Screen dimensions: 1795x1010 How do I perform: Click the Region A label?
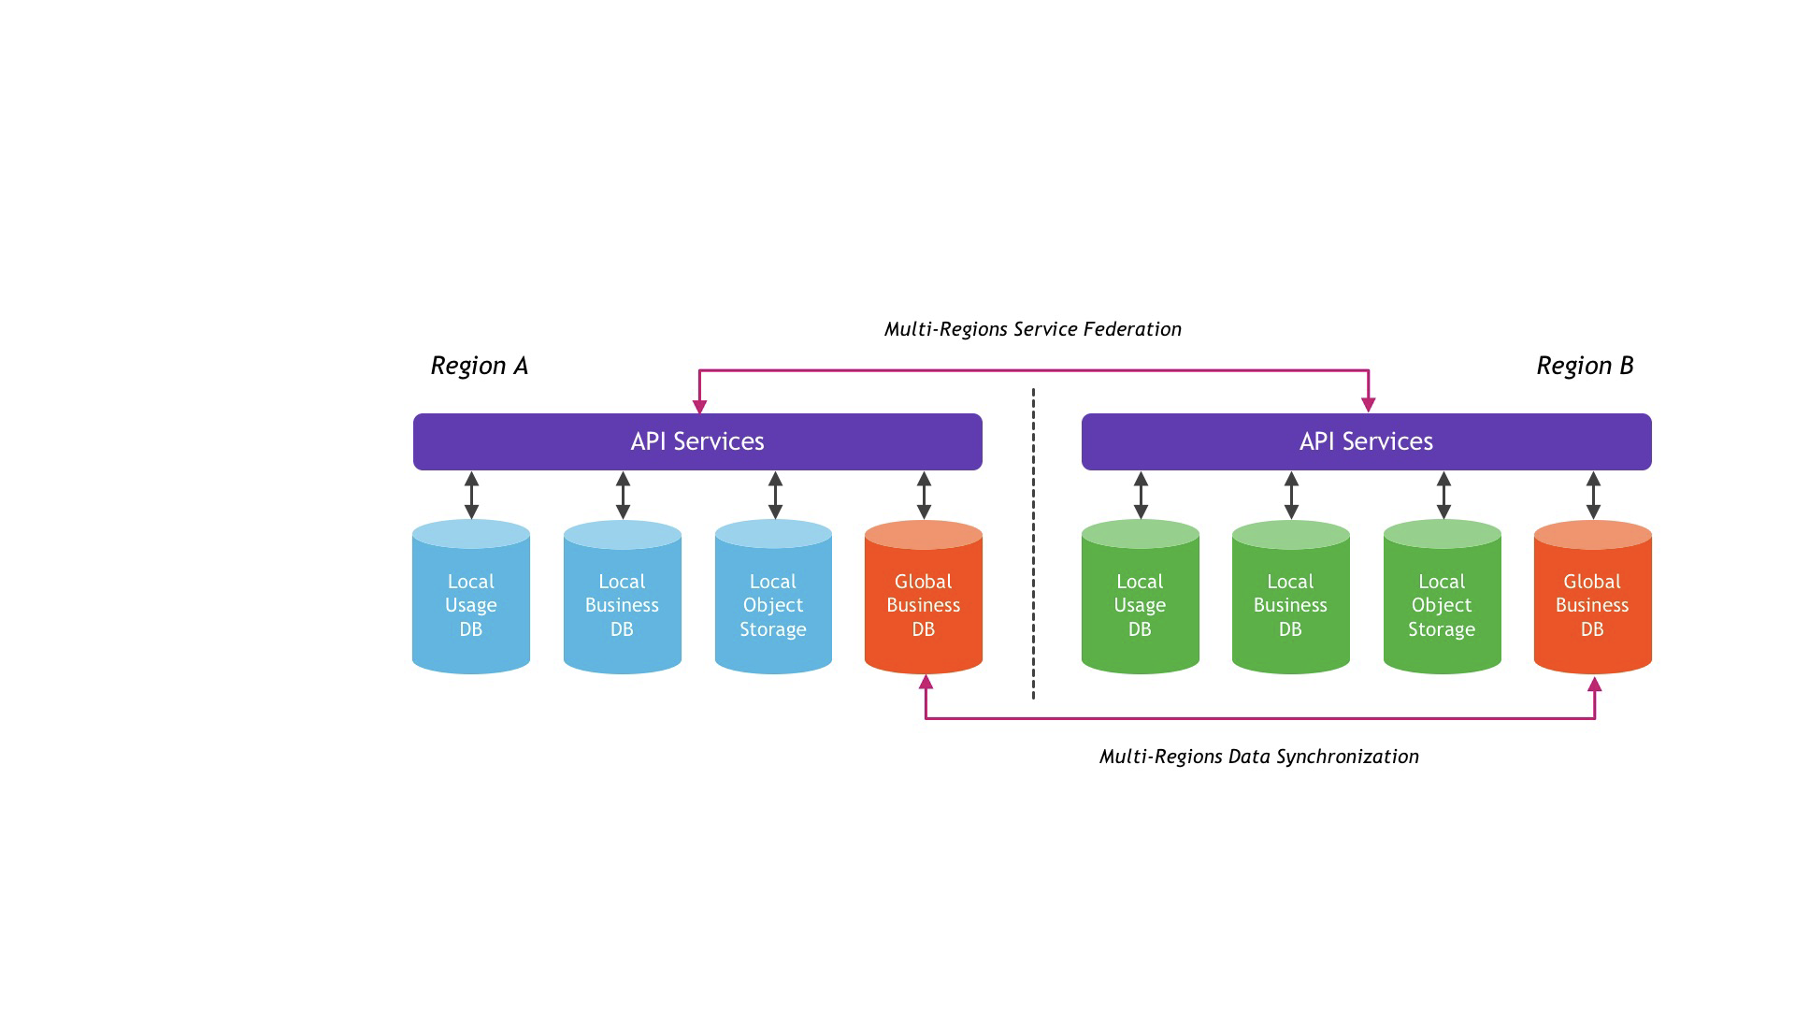click(480, 366)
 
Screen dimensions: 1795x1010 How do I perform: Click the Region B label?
click(1586, 366)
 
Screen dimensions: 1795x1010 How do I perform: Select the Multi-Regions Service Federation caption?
click(1033, 329)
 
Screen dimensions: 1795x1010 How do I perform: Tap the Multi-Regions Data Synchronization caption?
click(1259, 757)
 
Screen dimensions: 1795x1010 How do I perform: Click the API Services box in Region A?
click(697, 441)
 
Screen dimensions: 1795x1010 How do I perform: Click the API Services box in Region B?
click(1367, 441)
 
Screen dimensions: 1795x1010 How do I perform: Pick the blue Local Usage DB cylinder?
click(471, 597)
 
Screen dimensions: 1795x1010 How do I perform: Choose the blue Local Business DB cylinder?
click(623, 597)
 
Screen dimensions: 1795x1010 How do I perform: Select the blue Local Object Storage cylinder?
click(773, 597)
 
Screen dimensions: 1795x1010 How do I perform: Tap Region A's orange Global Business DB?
click(924, 597)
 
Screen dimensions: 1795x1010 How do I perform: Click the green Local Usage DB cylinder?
click(1141, 597)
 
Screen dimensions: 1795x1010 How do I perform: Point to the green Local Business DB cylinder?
click(1291, 597)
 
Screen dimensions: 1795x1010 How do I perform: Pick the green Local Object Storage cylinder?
click(1443, 597)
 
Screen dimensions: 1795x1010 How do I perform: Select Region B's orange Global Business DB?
click(1593, 597)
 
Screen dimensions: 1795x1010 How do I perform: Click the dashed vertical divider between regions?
click(1033, 543)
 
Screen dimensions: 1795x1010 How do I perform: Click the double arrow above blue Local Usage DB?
click(471, 495)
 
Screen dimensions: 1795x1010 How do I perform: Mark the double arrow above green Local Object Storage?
click(1443, 495)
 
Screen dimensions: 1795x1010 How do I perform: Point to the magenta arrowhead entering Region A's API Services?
click(699, 407)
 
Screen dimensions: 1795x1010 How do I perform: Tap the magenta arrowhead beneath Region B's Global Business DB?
click(1595, 684)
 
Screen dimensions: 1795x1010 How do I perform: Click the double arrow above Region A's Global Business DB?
click(924, 495)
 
